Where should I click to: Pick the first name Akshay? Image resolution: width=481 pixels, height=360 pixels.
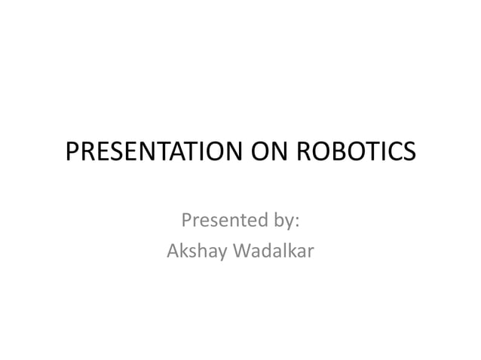coord(192,252)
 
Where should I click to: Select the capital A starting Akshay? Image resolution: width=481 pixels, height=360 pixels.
coord(172,251)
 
